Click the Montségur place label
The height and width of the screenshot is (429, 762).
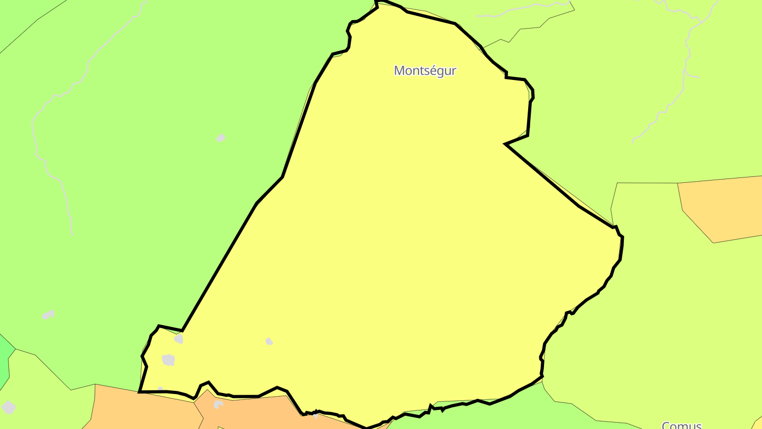[x=424, y=70]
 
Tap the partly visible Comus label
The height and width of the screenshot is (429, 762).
[x=682, y=425]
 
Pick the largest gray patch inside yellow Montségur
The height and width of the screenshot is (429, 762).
[x=168, y=360]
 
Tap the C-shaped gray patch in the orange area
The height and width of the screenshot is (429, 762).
[x=218, y=405]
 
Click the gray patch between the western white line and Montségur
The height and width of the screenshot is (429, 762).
[x=221, y=138]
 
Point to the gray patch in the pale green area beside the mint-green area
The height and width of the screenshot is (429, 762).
[x=8, y=407]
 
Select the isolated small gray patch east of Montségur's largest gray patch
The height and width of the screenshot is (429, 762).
[x=269, y=342]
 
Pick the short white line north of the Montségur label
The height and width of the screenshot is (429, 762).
[x=524, y=10]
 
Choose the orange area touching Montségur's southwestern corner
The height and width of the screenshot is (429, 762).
[x=143, y=410]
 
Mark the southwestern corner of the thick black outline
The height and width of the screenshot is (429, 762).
[x=139, y=392]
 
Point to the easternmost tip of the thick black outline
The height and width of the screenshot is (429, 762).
[x=622, y=238]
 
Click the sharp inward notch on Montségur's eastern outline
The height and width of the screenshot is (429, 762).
[x=506, y=144]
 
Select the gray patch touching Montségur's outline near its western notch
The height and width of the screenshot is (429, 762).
[x=179, y=338]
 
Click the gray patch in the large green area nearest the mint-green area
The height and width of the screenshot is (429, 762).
[x=48, y=315]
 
